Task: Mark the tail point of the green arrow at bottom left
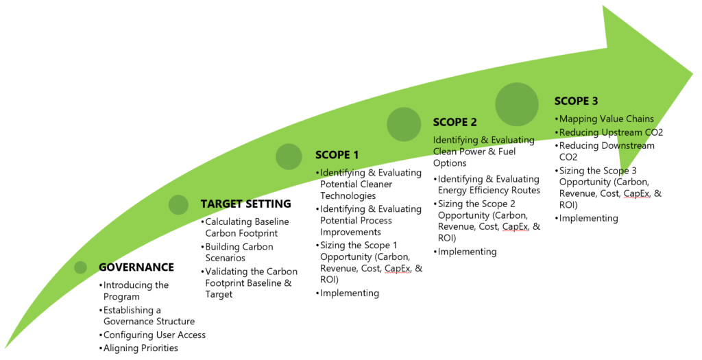5,348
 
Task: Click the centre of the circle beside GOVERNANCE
81,267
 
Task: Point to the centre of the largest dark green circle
517,104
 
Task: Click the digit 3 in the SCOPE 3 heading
594,101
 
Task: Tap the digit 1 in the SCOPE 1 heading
356,156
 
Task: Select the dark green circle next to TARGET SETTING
179,204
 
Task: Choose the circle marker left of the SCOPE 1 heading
289,157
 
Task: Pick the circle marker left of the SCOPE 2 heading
404,125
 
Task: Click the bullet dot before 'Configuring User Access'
101,335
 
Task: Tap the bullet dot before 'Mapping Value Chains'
557,119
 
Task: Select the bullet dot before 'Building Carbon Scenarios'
202,247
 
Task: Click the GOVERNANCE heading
136,267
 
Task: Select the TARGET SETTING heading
246,204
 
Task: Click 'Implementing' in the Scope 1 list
350,293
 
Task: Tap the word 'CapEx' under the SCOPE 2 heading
515,226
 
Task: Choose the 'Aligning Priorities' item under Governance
141,348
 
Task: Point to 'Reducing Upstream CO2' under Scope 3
611,132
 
